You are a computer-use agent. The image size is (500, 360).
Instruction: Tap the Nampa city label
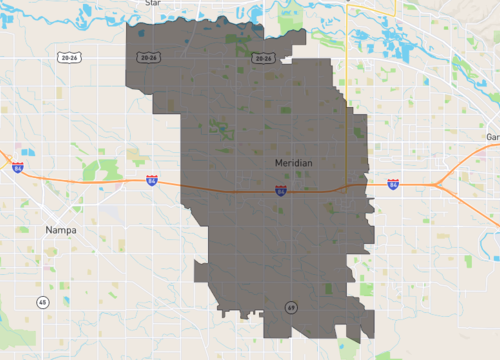(61, 229)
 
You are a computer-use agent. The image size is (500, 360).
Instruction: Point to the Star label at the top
(152, 3)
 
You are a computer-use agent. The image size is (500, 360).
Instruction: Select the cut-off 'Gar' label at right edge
(491, 136)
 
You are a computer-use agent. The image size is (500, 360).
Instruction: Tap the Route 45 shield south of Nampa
(42, 301)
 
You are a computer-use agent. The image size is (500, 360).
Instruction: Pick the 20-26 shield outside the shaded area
(67, 58)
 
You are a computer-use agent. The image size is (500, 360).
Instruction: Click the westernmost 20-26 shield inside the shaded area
(150, 58)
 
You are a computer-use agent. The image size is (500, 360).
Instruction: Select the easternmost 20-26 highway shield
(263, 58)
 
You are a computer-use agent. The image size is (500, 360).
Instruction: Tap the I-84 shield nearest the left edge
(18, 167)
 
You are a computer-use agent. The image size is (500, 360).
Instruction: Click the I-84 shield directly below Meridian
(282, 188)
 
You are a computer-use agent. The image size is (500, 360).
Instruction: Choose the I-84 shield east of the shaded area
(393, 185)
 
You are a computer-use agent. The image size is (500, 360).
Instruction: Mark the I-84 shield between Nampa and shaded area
(151, 180)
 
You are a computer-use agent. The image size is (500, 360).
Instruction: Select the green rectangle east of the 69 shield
(328, 289)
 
